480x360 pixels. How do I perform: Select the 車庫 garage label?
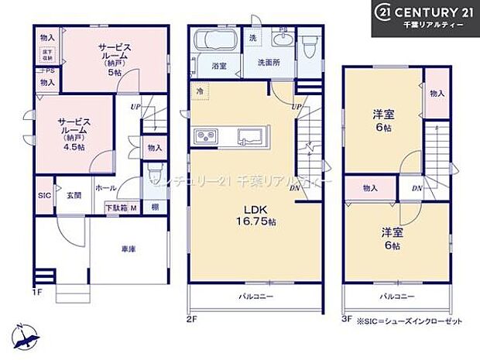click(x=129, y=249)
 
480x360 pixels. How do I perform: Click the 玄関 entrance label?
click(x=74, y=194)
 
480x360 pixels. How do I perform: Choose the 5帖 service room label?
click(x=115, y=60)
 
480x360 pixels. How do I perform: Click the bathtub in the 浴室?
click(x=217, y=39)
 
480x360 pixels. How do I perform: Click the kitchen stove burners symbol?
click(x=207, y=138)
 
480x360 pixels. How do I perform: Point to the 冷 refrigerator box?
click(x=200, y=90)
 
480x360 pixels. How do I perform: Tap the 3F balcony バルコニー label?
click(x=396, y=296)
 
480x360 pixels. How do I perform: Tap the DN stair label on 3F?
click(x=417, y=188)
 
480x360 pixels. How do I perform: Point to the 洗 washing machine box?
click(x=253, y=38)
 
